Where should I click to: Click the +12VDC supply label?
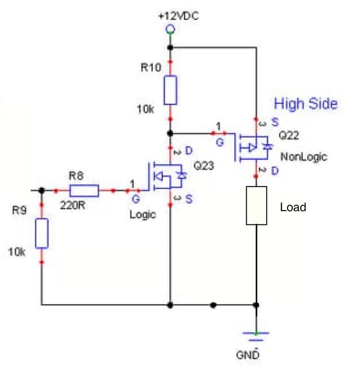(x=179, y=16)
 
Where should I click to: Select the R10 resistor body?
(x=170, y=90)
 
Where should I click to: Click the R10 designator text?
(x=151, y=68)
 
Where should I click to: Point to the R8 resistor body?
(x=84, y=190)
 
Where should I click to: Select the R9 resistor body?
(x=42, y=234)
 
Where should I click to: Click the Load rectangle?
(x=256, y=206)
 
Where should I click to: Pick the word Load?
(x=293, y=207)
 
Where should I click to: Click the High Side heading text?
(x=306, y=104)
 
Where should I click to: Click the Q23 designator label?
(x=204, y=166)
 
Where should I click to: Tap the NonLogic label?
(x=304, y=157)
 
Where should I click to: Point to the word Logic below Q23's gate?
(x=143, y=215)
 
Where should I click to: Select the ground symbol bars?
(x=256, y=336)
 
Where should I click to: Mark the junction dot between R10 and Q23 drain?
(x=170, y=133)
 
